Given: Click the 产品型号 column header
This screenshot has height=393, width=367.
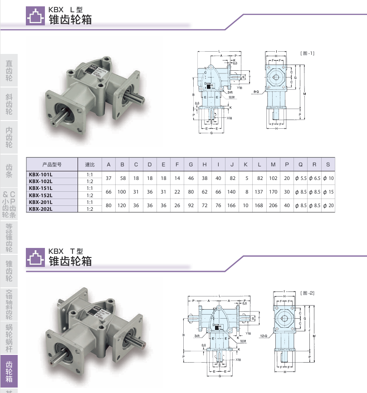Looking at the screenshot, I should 51,165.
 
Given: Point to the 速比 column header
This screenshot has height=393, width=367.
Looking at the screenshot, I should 89,165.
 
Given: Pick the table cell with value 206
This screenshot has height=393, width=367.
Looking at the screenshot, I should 273,205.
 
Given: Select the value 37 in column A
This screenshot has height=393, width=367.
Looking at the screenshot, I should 108,178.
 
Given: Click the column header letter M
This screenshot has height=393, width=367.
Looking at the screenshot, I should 273,165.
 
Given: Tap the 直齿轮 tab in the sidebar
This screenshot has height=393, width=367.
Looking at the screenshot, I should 9,71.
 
